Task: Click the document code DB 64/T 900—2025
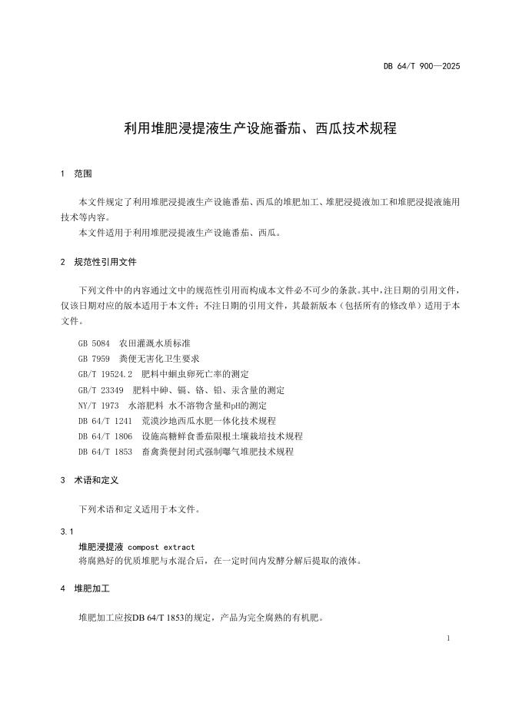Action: [422, 66]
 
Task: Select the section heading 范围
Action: [83, 174]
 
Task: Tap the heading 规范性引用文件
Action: [105, 262]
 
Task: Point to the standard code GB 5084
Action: [95, 343]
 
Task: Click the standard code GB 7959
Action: [95, 359]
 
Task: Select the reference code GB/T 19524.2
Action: [106, 374]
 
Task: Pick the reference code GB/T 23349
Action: [101, 389]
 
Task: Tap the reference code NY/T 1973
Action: [98, 405]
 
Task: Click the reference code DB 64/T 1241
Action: [106, 421]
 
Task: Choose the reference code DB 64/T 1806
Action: [106, 436]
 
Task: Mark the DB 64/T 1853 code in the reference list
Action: [106, 452]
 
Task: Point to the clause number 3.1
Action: [67, 532]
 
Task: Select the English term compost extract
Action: [161, 548]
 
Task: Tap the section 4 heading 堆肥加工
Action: [92, 589]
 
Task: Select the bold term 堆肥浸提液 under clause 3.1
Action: [101, 548]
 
